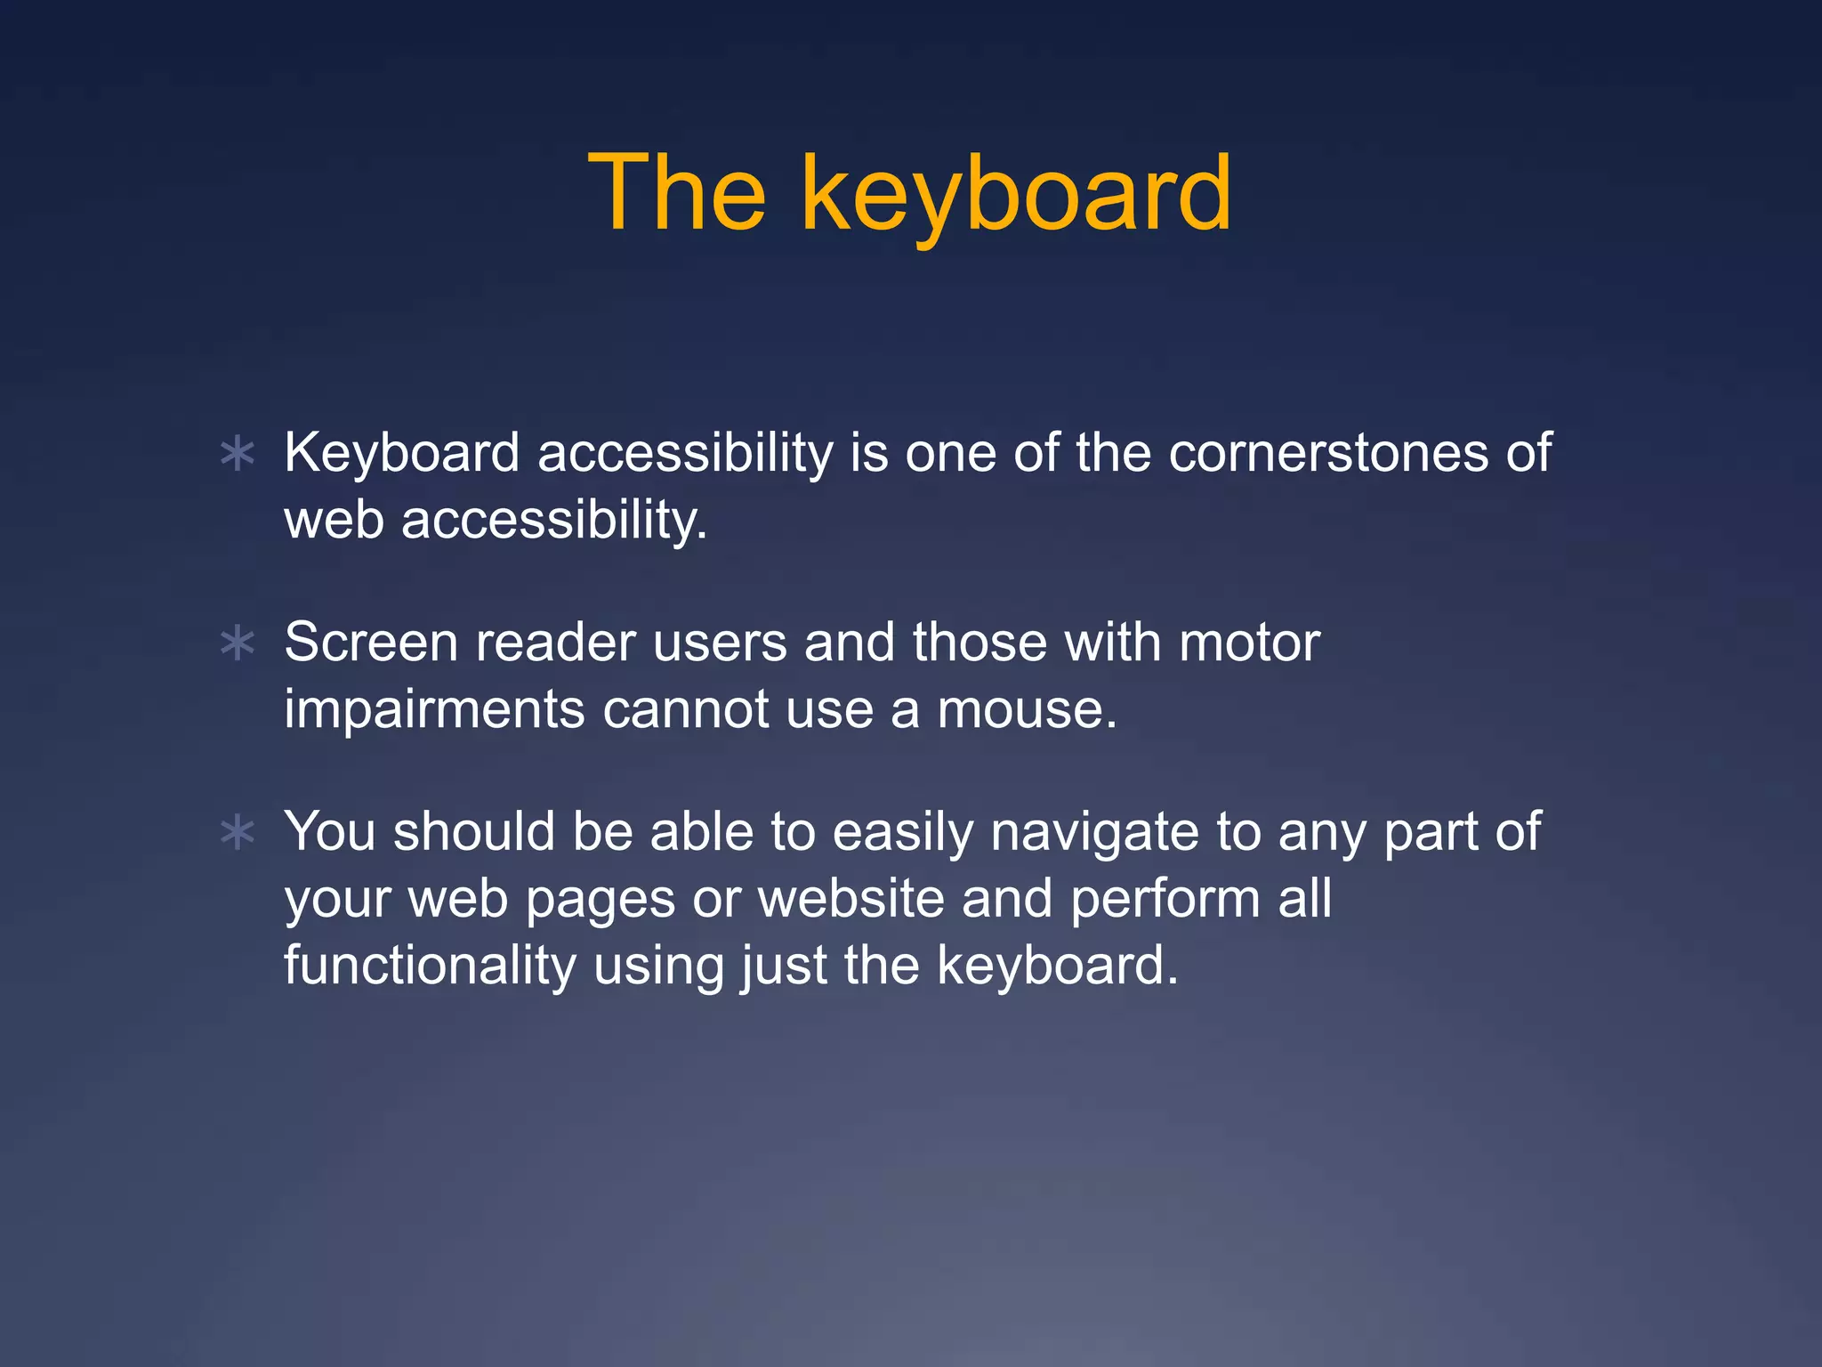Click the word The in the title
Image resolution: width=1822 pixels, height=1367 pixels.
click(677, 193)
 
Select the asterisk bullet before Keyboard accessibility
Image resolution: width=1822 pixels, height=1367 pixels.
click(238, 454)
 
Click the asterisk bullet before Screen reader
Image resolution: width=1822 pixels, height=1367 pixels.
click(238, 643)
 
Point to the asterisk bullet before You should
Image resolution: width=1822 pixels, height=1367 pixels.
click(238, 833)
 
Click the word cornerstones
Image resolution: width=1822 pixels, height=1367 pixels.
click(1328, 452)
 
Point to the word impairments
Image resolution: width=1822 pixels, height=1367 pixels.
click(434, 709)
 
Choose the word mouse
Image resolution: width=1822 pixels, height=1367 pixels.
click(1027, 709)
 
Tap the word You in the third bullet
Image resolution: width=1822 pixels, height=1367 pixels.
click(330, 831)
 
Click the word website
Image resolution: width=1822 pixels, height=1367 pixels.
click(851, 898)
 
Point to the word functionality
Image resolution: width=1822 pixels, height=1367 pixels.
click(431, 966)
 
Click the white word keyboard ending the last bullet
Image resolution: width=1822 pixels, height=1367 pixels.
click(1056, 966)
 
